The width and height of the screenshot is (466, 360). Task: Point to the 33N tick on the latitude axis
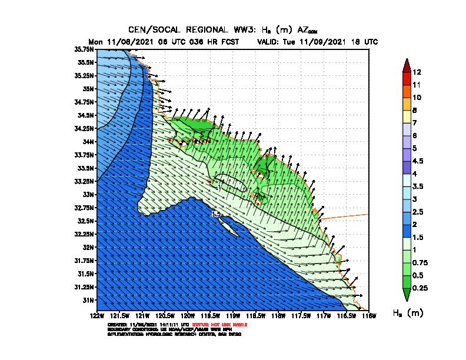click(x=89, y=194)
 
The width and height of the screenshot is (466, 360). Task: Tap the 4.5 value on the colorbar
click(x=419, y=161)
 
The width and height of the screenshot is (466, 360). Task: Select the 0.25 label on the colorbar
click(x=421, y=288)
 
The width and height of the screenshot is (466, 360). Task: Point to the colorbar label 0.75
click(x=421, y=262)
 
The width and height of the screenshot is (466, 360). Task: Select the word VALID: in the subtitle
click(x=270, y=42)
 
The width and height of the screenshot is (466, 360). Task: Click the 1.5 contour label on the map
click(x=216, y=215)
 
